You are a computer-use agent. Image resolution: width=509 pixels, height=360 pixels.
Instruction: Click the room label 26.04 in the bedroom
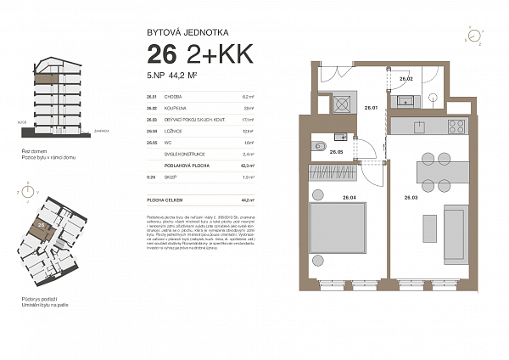[348, 197]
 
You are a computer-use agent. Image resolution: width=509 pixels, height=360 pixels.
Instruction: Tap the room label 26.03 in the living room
[411, 197]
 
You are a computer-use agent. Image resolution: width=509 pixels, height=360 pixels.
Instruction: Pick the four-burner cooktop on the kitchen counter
[456, 127]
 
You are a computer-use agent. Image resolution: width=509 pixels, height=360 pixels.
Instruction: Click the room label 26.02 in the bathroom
[406, 79]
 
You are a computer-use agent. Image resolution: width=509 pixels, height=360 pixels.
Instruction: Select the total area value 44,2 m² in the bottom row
[249, 200]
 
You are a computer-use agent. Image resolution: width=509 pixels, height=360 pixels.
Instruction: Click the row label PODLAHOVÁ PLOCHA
[175, 166]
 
